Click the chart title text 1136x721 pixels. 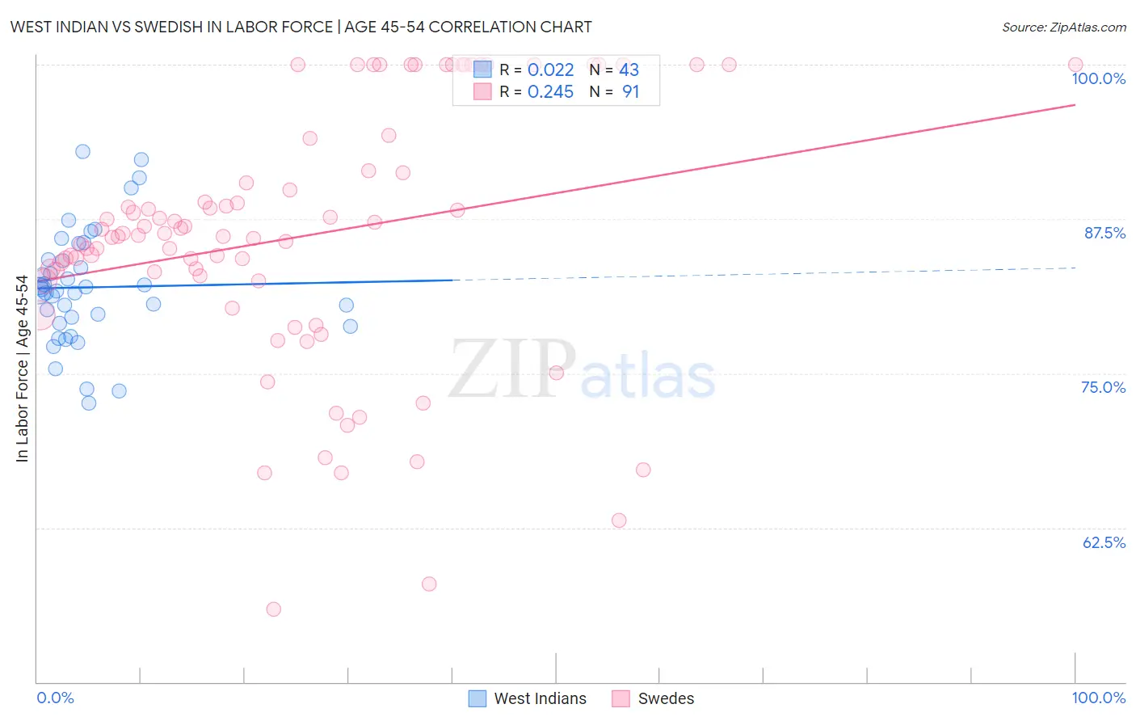click(301, 27)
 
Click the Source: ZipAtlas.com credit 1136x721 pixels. click(1063, 27)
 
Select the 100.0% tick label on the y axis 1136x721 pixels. click(1098, 78)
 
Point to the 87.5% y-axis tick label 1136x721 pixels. click(1104, 233)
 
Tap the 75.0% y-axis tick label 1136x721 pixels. click(1103, 387)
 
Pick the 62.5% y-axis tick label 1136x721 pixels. click(1104, 542)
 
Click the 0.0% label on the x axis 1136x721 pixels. click(55, 698)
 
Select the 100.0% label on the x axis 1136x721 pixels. click(1098, 698)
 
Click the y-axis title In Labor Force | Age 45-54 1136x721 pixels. click(22, 369)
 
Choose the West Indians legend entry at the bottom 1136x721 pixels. click(540, 698)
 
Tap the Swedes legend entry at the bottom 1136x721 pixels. click(666, 698)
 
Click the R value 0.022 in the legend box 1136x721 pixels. click(550, 70)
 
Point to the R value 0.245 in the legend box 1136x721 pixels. click(550, 92)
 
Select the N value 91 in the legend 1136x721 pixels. click(630, 92)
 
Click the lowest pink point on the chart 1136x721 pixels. click(273, 609)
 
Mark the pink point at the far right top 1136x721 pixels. click(1075, 65)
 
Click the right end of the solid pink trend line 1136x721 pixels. click(1075, 105)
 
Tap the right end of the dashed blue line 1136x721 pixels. click(1075, 268)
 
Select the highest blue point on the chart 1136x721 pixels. click(82, 151)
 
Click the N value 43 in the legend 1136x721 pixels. click(629, 70)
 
